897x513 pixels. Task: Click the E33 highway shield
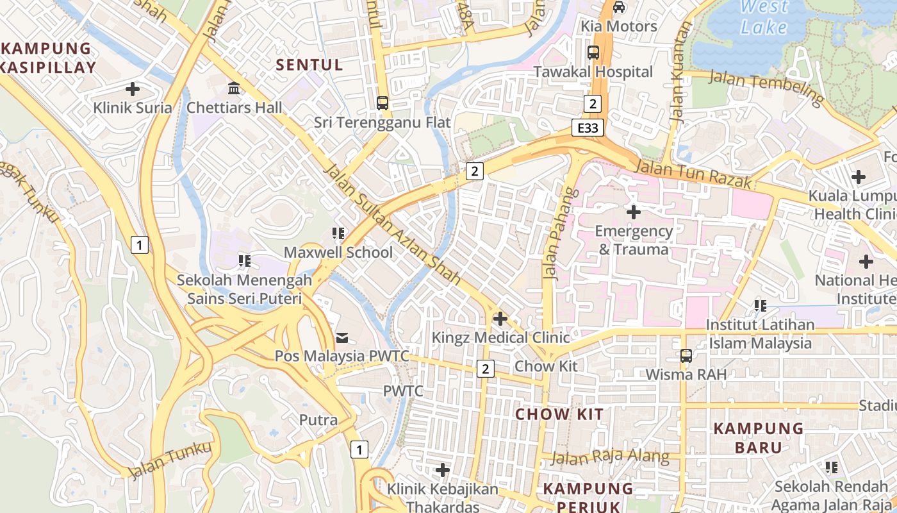[x=588, y=128]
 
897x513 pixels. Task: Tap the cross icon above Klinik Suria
[x=133, y=89]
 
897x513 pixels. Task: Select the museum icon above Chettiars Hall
[x=234, y=88]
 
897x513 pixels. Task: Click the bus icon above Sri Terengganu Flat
[x=383, y=103]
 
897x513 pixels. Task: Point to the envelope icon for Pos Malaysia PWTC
[x=342, y=337]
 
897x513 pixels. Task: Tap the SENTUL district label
[x=309, y=64]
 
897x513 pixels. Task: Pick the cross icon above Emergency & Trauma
[x=634, y=212]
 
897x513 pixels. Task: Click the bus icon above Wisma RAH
[x=686, y=355]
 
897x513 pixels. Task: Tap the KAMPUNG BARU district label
[x=749, y=437]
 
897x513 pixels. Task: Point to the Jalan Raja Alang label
[x=610, y=457]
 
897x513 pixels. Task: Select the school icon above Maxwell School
[x=338, y=233]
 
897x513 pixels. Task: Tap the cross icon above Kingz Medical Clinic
[x=500, y=318]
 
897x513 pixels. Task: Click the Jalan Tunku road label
[x=170, y=460]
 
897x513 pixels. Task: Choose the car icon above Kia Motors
[x=619, y=7]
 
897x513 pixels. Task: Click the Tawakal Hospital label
[x=593, y=72]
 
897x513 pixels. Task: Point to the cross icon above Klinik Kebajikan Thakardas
[x=443, y=470]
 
